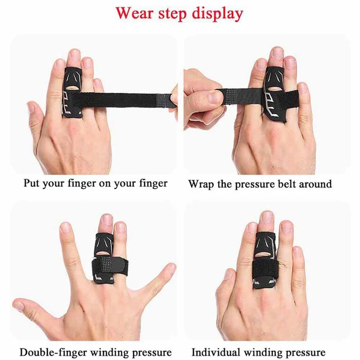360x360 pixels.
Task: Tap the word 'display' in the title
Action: (217, 13)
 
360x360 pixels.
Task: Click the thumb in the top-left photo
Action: (38, 115)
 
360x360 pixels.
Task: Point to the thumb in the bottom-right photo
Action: (225, 292)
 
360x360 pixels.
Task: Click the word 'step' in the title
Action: (173, 13)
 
